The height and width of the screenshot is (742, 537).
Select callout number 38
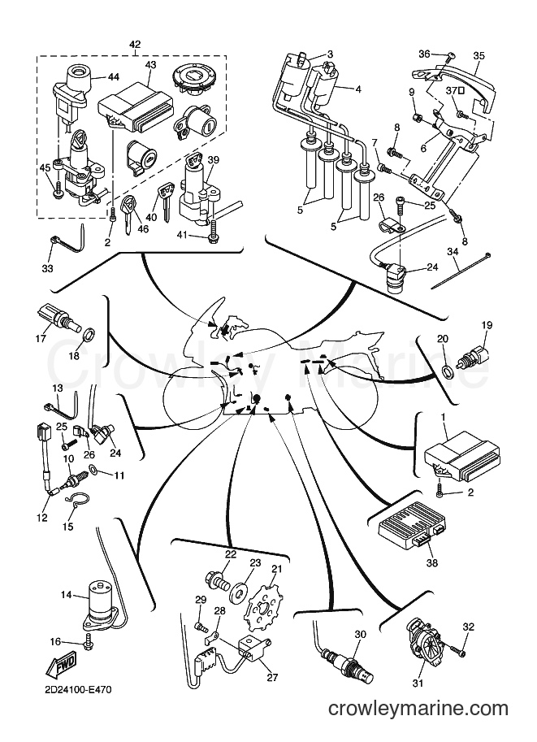(432, 562)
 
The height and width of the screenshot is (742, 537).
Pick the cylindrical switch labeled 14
(100, 607)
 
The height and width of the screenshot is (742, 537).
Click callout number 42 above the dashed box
(135, 45)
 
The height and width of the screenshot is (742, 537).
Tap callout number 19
(487, 325)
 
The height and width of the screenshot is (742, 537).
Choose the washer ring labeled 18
(89, 336)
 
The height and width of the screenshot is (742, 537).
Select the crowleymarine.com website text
(418, 709)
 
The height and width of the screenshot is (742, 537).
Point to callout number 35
(479, 55)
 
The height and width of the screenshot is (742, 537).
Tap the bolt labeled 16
(89, 644)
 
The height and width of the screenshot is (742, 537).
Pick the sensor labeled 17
(56, 317)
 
